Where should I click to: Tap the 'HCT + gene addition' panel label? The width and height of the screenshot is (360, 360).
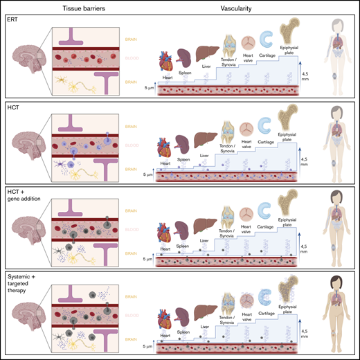(21, 193)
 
